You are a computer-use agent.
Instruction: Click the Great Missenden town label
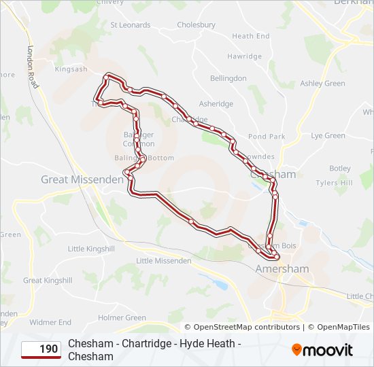click(82, 179)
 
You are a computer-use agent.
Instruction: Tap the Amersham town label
click(282, 268)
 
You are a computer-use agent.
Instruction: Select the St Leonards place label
click(130, 25)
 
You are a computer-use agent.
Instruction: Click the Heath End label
click(250, 36)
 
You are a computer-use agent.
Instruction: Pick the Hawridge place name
click(244, 56)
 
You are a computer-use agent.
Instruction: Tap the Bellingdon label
click(228, 78)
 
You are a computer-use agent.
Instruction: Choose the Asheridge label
click(216, 104)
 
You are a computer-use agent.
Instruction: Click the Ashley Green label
click(322, 84)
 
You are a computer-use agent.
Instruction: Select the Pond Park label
click(267, 137)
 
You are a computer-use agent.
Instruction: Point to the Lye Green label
click(328, 135)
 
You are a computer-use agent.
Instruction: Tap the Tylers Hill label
click(334, 183)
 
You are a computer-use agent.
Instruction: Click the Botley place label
click(339, 168)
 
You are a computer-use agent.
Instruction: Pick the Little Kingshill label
click(91, 249)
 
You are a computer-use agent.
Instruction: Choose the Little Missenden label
click(163, 261)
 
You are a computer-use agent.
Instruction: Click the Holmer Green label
click(122, 317)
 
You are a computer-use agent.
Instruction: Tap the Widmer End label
click(50, 322)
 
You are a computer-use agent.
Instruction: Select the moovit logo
click(322, 350)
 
